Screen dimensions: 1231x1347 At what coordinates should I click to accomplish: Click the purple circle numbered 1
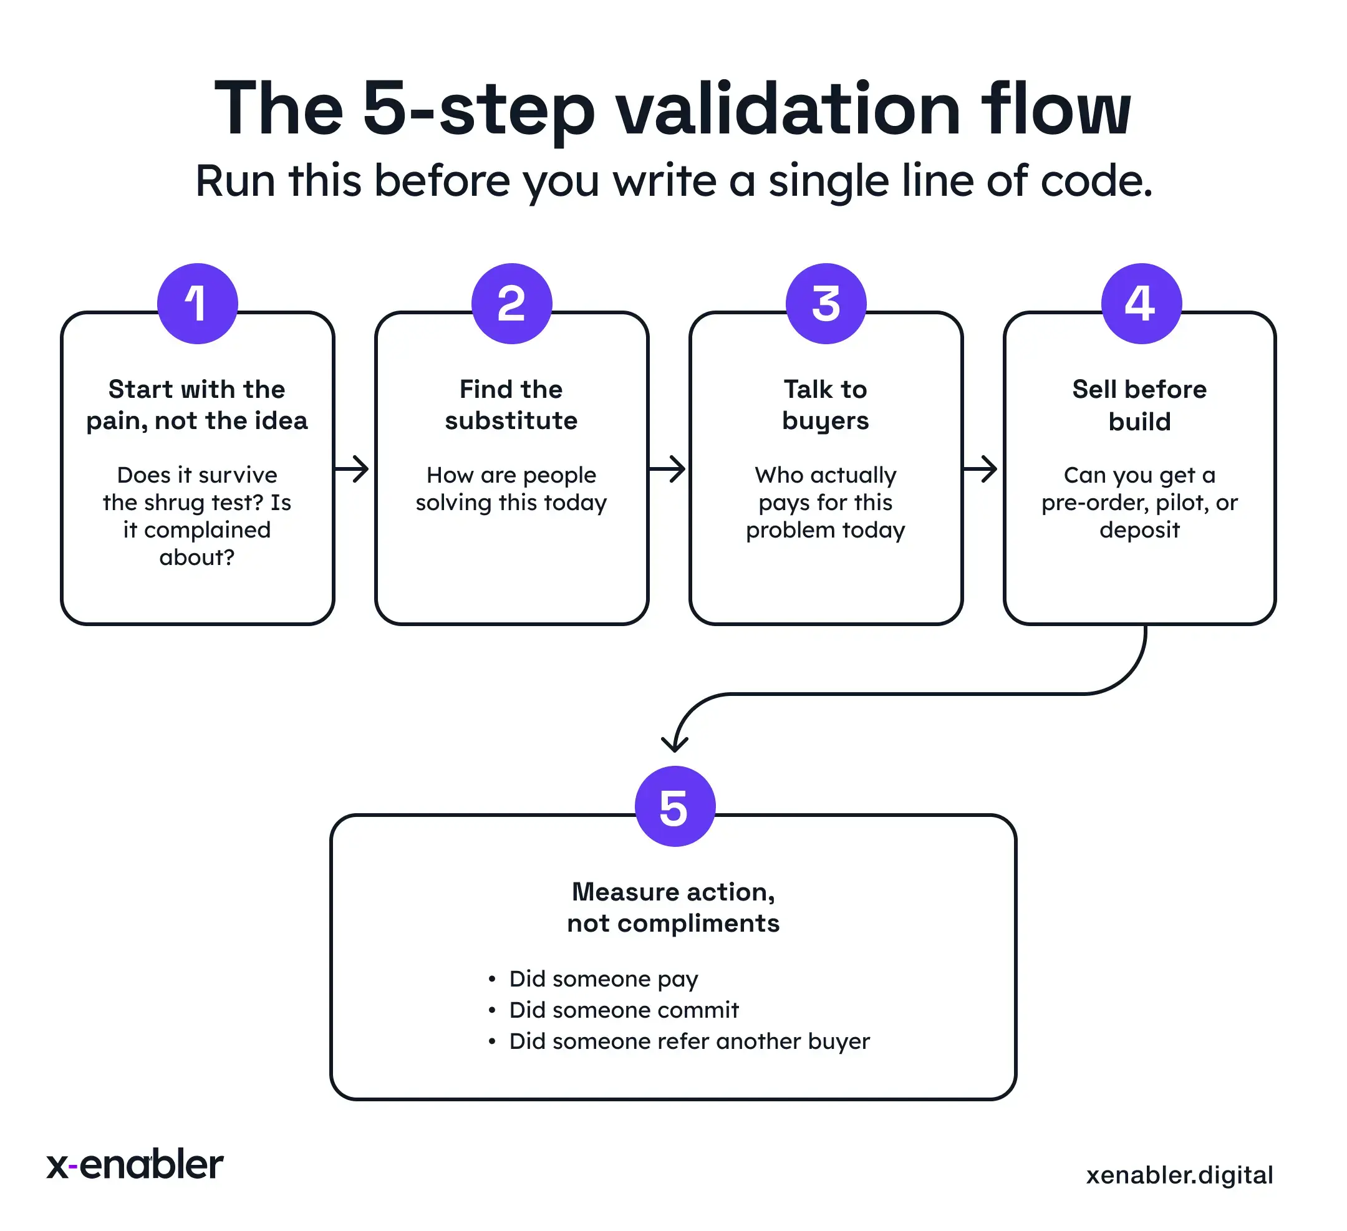[198, 304]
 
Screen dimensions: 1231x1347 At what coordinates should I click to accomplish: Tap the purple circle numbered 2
[512, 304]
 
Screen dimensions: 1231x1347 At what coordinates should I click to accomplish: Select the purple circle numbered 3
[826, 304]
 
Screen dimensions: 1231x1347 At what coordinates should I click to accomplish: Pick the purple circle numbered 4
[1141, 304]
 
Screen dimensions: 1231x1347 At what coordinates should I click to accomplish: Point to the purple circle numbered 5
[675, 806]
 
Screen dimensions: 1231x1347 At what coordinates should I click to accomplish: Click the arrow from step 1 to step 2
[353, 469]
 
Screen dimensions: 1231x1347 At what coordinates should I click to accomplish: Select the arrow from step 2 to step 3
[667, 469]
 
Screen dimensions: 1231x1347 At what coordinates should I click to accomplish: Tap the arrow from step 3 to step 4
[981, 469]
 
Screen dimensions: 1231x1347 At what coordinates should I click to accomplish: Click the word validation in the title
[788, 110]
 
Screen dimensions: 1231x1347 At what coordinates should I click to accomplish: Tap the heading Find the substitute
[512, 405]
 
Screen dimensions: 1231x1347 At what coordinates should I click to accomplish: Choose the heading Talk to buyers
[826, 405]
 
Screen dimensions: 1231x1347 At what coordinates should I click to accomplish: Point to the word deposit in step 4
[1140, 530]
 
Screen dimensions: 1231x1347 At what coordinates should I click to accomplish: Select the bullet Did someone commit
[624, 1010]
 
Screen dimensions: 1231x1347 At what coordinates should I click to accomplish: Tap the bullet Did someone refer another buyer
[689, 1041]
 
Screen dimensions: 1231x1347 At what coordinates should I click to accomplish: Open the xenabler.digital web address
[1179, 1175]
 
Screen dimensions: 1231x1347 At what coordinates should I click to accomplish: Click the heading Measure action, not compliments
[673, 907]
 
